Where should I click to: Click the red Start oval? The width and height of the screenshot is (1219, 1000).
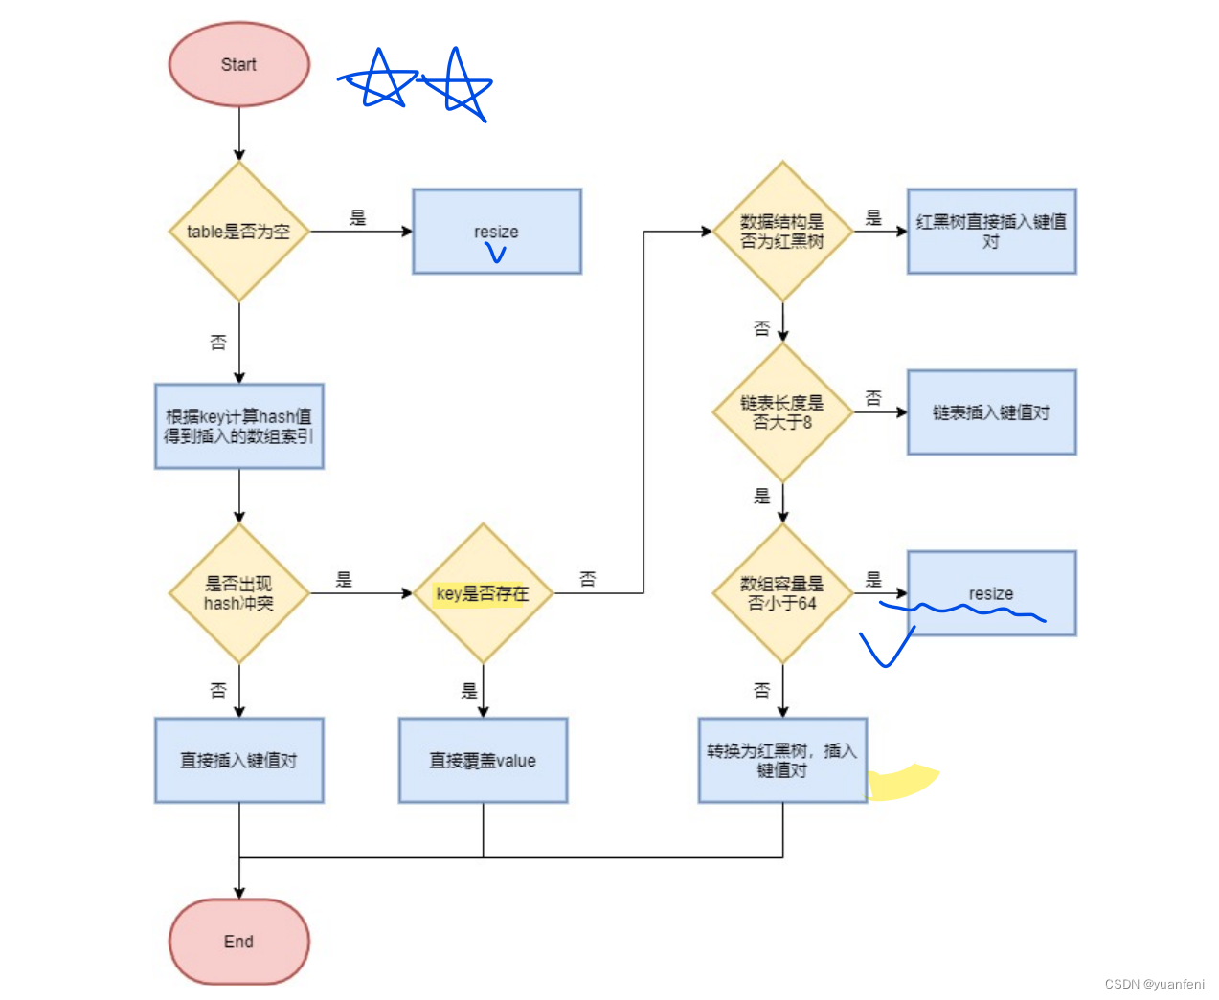238,64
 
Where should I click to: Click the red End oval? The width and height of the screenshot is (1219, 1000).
238,941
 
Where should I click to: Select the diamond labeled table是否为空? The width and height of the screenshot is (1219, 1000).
238,231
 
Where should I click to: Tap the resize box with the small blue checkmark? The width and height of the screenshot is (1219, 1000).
496,231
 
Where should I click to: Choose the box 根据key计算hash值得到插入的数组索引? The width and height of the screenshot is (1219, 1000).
238,426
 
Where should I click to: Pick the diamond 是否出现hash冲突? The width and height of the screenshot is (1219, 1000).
238,592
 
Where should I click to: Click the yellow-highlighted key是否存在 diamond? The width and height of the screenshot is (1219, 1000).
483,592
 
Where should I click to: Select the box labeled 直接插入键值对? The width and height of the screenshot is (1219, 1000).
238,760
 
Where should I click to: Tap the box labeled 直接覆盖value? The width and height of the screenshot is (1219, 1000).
483,760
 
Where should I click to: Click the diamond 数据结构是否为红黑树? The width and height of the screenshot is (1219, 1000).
782,231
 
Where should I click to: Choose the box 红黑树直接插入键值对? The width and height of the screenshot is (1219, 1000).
991,231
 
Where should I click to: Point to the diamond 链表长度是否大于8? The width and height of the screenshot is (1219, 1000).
782,411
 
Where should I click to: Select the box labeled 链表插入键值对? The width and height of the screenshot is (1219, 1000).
991,411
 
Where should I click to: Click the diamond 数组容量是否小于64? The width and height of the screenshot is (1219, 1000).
782,592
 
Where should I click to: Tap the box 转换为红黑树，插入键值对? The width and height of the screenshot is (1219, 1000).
782,760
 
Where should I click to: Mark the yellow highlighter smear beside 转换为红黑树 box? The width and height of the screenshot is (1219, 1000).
902,783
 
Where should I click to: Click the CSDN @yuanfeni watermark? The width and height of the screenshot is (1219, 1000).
1154,983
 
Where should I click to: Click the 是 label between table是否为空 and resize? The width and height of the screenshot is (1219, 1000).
358,217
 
